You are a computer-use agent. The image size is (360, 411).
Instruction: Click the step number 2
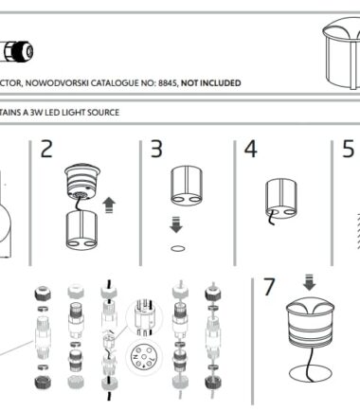click(x=46, y=149)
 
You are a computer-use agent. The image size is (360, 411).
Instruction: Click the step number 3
click(x=156, y=149)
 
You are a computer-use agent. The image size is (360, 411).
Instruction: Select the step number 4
click(x=251, y=149)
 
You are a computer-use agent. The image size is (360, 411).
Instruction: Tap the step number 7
click(x=269, y=287)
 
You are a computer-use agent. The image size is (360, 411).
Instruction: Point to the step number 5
click(x=349, y=149)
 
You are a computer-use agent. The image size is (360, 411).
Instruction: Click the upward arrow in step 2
click(x=109, y=205)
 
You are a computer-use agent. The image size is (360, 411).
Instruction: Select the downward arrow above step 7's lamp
click(x=309, y=282)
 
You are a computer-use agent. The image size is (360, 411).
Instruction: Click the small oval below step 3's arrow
click(x=178, y=248)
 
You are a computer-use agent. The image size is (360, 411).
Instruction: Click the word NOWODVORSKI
click(x=57, y=83)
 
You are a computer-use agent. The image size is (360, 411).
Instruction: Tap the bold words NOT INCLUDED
click(x=211, y=83)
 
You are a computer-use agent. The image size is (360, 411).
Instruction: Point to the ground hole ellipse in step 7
click(x=311, y=373)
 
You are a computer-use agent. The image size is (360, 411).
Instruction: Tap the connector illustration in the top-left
click(x=17, y=51)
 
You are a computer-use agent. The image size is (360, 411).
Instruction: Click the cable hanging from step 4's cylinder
click(x=271, y=218)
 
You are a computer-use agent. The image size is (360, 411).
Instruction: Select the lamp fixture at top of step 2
click(x=82, y=182)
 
